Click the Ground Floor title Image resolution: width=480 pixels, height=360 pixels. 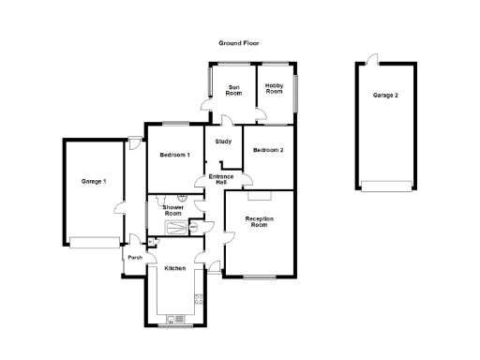click(x=238, y=43)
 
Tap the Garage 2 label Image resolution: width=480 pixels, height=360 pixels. click(x=385, y=96)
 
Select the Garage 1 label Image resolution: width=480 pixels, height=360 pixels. click(x=93, y=180)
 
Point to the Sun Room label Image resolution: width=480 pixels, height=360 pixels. click(x=234, y=90)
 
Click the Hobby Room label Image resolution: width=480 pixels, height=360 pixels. click(x=274, y=89)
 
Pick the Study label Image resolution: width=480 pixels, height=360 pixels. click(x=223, y=142)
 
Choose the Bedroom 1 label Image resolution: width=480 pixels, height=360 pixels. click(x=174, y=155)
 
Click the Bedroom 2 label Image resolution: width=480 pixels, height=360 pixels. click(x=268, y=150)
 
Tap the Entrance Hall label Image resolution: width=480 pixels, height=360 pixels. click(x=222, y=179)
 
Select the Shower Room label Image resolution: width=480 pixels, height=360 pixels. click(x=173, y=210)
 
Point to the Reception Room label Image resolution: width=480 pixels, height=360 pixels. click(x=259, y=221)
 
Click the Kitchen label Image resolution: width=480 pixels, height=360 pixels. click(x=175, y=269)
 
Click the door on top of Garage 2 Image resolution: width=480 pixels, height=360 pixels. click(x=372, y=60)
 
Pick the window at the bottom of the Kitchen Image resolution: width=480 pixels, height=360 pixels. click(x=174, y=325)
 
